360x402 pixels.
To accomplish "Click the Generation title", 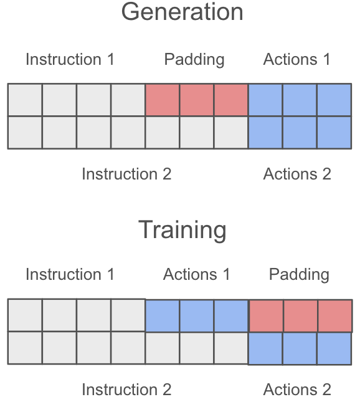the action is (x=182, y=12).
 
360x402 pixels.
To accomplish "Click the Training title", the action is (x=182, y=230).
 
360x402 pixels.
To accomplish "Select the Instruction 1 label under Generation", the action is (x=70, y=59).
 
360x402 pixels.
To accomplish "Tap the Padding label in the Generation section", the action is (x=194, y=60).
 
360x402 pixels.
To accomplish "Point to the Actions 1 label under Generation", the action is (x=296, y=59).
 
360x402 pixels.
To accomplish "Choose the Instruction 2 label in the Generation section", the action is (x=126, y=174).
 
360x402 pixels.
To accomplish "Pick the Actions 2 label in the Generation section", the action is (x=297, y=174).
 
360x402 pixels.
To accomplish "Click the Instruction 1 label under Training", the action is (x=70, y=274).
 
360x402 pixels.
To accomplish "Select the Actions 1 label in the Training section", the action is (x=197, y=274).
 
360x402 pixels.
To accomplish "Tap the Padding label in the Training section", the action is (x=299, y=275).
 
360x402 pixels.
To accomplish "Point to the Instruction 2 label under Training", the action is (x=126, y=390).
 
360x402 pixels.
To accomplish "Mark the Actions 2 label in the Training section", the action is (x=297, y=390).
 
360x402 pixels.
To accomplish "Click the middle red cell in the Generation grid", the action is (x=197, y=100).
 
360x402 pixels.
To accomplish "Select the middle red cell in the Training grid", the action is (x=300, y=316).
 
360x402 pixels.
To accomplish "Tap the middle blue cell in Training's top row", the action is (x=197, y=315).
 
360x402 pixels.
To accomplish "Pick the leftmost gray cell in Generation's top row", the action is (x=25, y=100).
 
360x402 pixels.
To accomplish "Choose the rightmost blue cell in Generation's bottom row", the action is (x=334, y=132).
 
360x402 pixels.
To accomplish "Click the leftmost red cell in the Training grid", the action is (x=266, y=316).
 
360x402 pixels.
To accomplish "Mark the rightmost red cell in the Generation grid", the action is (x=231, y=100).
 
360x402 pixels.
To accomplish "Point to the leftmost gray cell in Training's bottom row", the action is (x=25, y=348).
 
